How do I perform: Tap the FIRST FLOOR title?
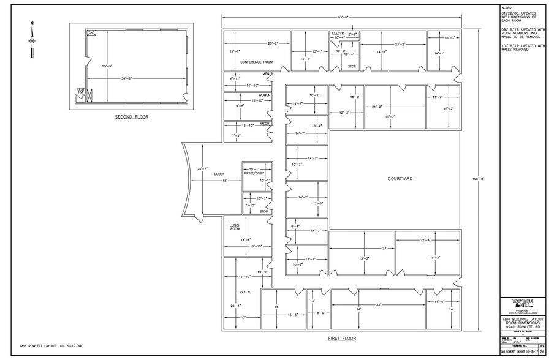(343, 337)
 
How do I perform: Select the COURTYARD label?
(399, 179)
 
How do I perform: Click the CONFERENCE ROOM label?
(256, 62)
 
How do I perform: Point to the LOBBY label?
(219, 174)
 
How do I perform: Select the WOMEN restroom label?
(264, 96)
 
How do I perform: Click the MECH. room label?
(265, 124)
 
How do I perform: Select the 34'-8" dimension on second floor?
(131, 78)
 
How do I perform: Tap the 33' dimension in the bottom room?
(379, 304)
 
